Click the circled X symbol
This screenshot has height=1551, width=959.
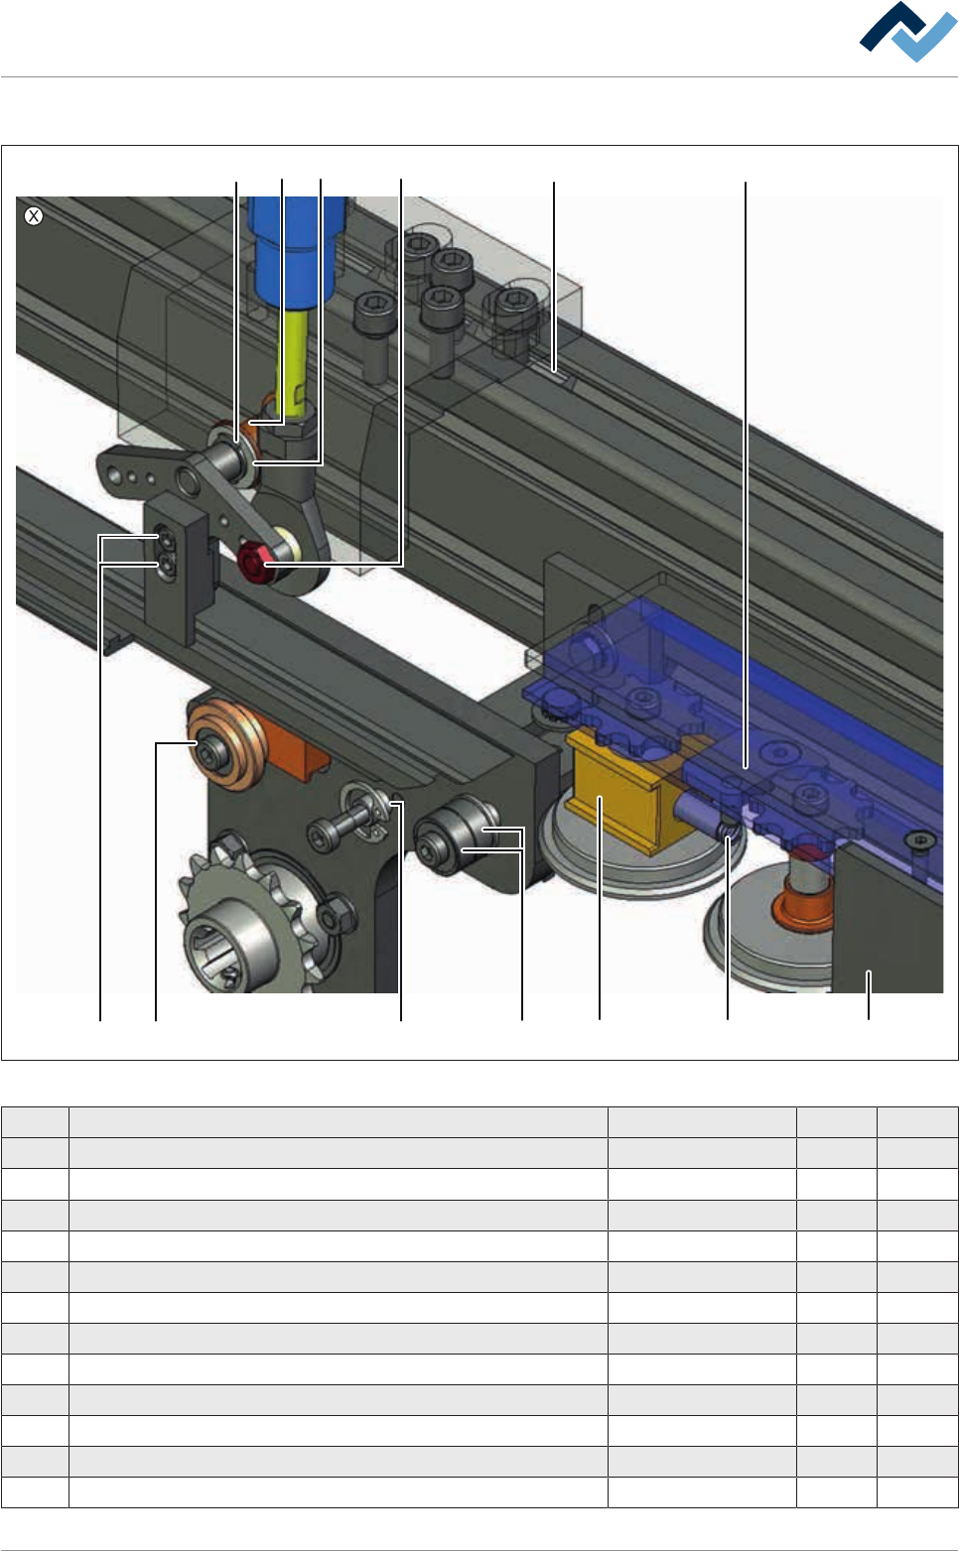(34, 216)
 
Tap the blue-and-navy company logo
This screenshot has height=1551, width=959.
(907, 32)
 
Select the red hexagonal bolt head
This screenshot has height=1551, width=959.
(251, 562)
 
